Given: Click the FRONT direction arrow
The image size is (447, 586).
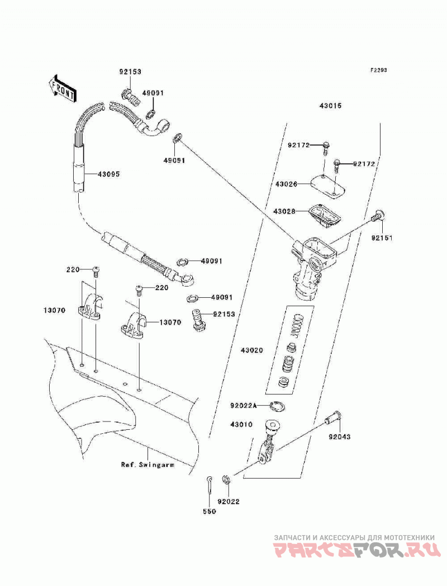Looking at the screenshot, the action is (63, 88).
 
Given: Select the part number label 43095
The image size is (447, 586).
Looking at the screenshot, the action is (108, 174).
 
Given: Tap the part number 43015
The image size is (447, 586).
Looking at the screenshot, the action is (330, 106).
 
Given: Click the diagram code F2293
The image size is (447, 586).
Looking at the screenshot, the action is (378, 70).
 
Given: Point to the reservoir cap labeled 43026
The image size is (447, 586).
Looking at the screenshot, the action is (329, 185).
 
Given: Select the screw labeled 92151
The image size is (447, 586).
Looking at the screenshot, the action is (379, 217).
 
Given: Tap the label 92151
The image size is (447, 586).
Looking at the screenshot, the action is (381, 238).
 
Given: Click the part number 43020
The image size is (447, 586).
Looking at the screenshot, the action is (251, 350).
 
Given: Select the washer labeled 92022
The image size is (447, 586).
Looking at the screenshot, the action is (226, 480).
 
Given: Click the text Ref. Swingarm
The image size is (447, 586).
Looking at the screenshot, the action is (148, 465).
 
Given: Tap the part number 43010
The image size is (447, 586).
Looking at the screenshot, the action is (241, 425).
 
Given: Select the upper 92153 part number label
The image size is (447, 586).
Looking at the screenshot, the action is (131, 72).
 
